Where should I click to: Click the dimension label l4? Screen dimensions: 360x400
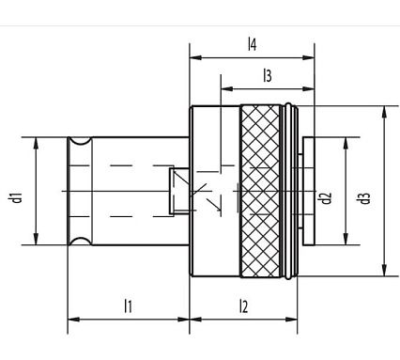tap(252, 43)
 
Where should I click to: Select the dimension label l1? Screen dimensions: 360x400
tap(128, 305)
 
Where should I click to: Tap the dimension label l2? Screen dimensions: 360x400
tap(243, 305)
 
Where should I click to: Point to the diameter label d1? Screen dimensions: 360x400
tap(16, 197)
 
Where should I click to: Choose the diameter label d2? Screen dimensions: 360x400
tap(326, 197)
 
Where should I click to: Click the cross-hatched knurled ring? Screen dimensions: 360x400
tap(262, 192)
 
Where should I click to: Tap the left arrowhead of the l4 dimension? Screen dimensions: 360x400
tap(194, 57)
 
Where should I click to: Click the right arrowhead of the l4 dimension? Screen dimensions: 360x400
tap(310, 57)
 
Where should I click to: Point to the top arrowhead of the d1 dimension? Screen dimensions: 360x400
tap(35, 142)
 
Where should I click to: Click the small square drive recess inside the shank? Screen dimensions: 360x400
tap(175, 192)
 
